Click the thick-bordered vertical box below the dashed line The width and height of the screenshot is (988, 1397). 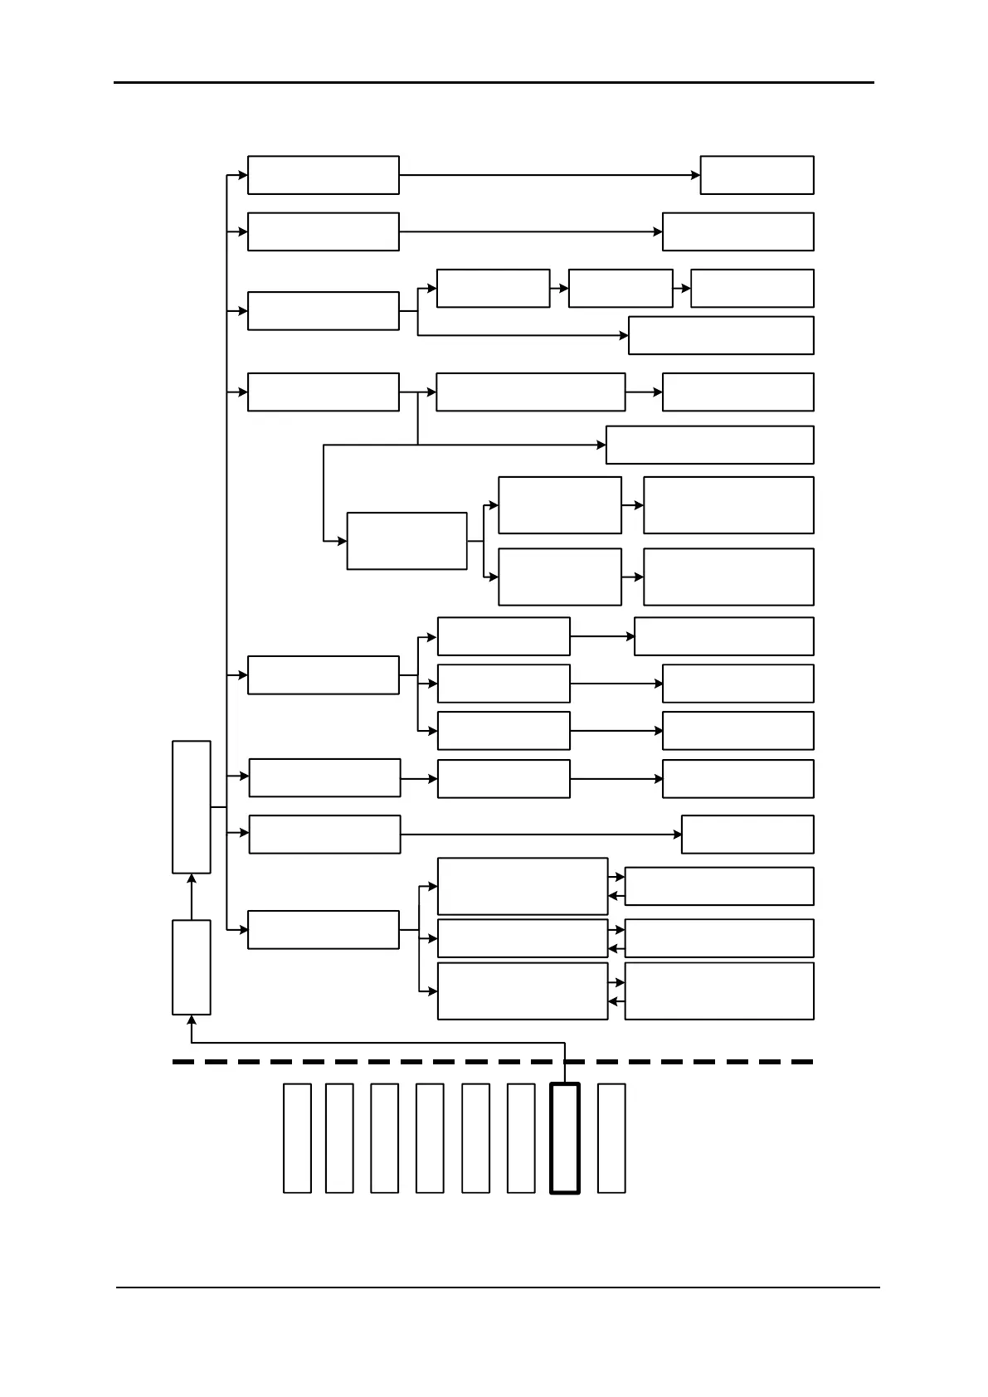pyautogui.click(x=564, y=1137)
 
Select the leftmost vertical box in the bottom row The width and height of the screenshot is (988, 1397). pyautogui.click(x=297, y=1137)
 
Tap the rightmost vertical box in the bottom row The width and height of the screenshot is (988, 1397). pyautogui.click(x=611, y=1137)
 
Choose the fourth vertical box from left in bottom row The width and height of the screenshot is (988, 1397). pyautogui.click(x=429, y=1137)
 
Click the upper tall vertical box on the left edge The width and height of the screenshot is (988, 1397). pyautogui.click(x=191, y=806)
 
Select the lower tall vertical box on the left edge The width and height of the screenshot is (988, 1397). pyautogui.click(x=191, y=966)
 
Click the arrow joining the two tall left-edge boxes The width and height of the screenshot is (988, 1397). pyautogui.click(x=192, y=897)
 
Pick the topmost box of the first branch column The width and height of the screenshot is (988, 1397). pyautogui.click(x=323, y=175)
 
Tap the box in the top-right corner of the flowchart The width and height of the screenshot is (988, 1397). pyautogui.click(x=757, y=175)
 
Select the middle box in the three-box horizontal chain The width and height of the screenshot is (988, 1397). pyautogui.click(x=620, y=288)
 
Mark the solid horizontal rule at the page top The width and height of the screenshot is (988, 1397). pyautogui.click(x=494, y=82)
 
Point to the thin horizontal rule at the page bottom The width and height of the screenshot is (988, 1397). pyautogui.click(x=498, y=1287)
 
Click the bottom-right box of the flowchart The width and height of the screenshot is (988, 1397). pyautogui.click(x=718, y=991)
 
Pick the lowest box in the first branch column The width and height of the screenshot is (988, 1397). pyautogui.click(x=323, y=930)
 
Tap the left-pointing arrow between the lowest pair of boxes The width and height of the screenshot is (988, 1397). pyautogui.click(x=616, y=1001)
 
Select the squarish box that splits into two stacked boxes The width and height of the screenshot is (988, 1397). pyautogui.click(x=406, y=541)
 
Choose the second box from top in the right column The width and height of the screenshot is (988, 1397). pyautogui.click(x=737, y=231)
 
